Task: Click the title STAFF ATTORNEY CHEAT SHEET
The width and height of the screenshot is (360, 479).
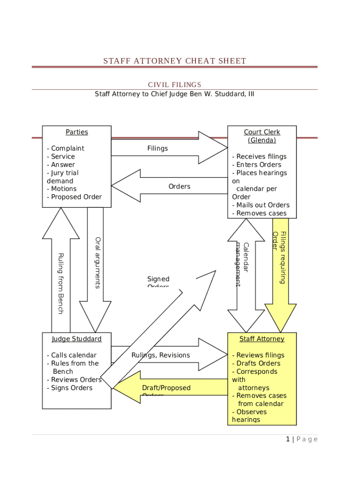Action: pyautogui.click(x=174, y=61)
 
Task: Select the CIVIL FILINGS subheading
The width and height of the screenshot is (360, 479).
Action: pyautogui.click(x=174, y=85)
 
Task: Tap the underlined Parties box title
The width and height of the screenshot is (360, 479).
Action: pyautogui.click(x=77, y=132)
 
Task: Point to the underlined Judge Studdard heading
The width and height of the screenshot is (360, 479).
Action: pyautogui.click(x=77, y=339)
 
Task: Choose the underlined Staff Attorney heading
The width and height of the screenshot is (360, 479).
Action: pyautogui.click(x=262, y=339)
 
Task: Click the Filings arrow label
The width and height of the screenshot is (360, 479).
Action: pyautogui.click(x=158, y=148)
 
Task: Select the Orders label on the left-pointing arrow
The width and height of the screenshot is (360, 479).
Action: pyautogui.click(x=180, y=186)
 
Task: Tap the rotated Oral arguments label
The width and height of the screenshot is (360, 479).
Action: pyautogui.click(x=98, y=262)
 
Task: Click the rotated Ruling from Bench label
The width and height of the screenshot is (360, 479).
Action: pyautogui.click(x=60, y=283)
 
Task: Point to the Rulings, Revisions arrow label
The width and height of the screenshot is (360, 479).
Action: pyautogui.click(x=161, y=355)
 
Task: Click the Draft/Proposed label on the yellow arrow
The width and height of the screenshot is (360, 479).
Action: pyautogui.click(x=166, y=388)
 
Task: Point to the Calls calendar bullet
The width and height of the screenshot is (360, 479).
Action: pyautogui.click(x=72, y=355)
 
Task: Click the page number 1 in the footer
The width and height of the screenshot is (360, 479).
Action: pyautogui.click(x=288, y=439)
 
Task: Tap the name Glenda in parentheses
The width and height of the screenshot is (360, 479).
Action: pyautogui.click(x=262, y=140)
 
